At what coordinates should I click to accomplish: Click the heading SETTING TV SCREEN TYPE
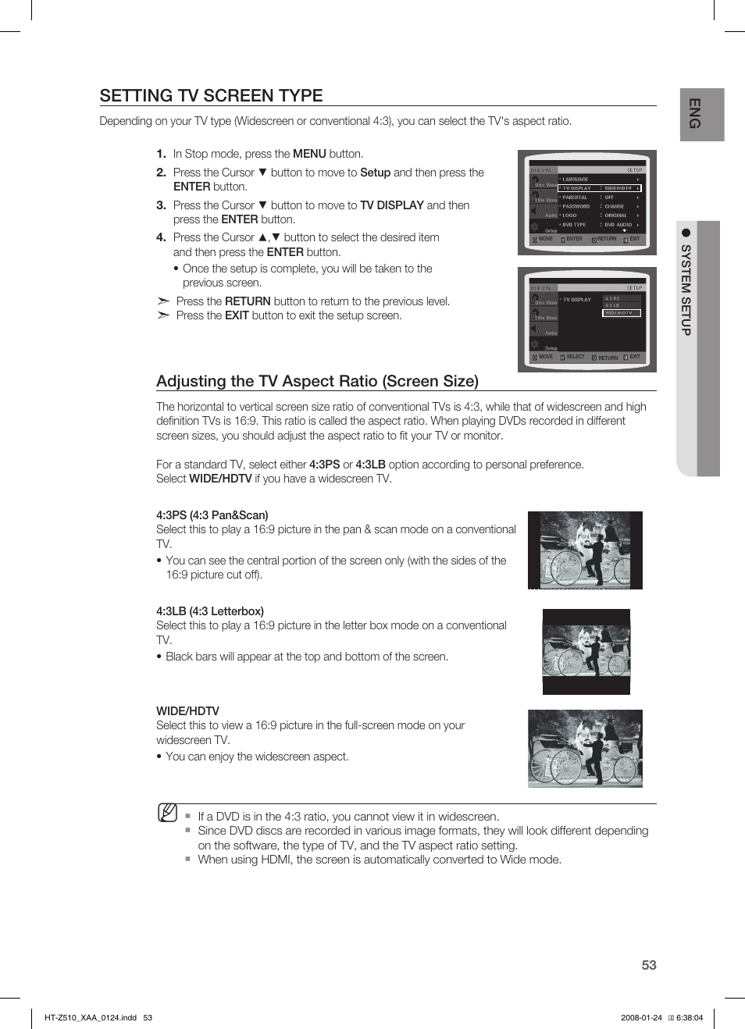click(211, 95)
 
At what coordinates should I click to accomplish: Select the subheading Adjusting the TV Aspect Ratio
click(317, 381)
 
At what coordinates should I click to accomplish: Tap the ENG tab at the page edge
click(693, 114)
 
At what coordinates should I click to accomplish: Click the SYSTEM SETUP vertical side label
click(686, 289)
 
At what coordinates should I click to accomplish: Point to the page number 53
click(648, 965)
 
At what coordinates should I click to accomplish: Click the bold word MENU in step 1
click(309, 154)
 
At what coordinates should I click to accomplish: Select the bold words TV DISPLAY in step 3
click(391, 205)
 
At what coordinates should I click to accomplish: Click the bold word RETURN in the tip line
click(248, 301)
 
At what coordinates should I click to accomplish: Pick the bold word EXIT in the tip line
click(237, 315)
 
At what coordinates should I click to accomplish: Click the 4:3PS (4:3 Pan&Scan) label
click(212, 515)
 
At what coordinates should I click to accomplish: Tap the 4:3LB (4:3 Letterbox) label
click(209, 611)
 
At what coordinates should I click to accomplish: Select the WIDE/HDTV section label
click(187, 711)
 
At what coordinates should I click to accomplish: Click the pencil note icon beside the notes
click(167, 813)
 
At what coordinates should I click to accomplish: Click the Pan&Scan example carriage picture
click(585, 550)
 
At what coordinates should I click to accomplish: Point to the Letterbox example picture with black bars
click(586, 652)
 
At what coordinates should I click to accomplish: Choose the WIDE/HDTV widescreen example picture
click(585, 748)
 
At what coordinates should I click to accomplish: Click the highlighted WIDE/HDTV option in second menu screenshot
click(622, 313)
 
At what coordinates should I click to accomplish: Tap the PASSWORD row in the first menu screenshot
click(576, 206)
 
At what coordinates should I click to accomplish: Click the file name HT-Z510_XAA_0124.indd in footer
click(91, 1017)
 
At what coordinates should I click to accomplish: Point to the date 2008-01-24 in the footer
click(641, 1017)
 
